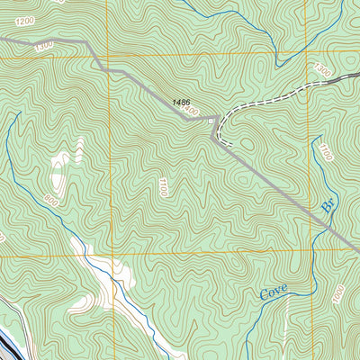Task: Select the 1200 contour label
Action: (x=23, y=19)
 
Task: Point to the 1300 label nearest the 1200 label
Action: (x=42, y=45)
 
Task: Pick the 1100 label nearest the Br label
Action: (x=325, y=153)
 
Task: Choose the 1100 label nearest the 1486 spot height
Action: (x=163, y=187)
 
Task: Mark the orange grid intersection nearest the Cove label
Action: (x=311, y=255)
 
